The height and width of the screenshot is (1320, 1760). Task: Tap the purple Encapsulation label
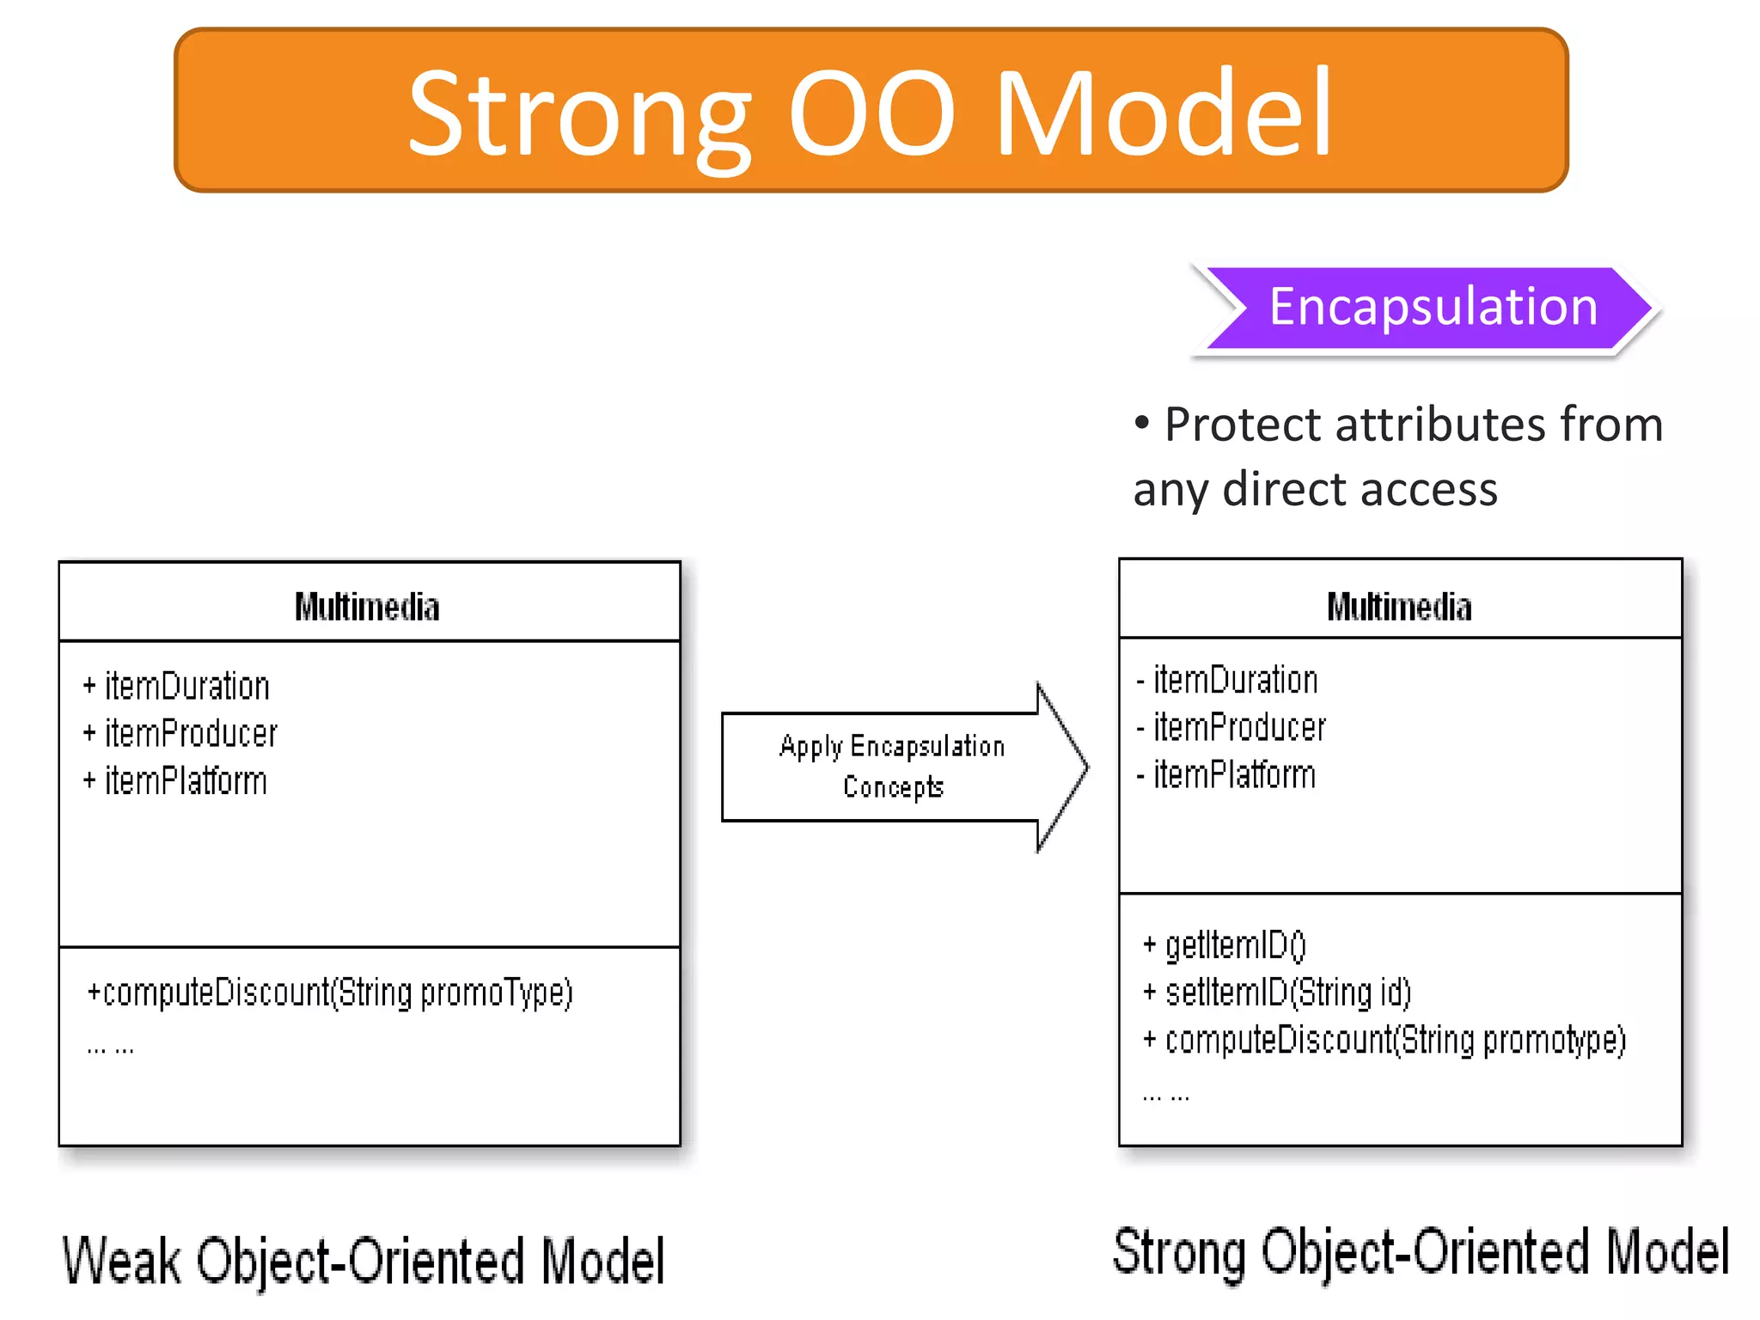click(1432, 308)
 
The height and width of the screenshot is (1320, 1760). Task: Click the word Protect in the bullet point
click(1247, 425)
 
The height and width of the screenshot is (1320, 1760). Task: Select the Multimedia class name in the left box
click(367, 607)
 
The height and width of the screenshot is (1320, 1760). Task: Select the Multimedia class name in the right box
click(1398, 607)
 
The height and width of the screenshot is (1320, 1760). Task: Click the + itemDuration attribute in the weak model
click(177, 687)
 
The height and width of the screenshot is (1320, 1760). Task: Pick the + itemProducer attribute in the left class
click(180, 734)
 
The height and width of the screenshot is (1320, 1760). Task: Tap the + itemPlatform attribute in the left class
click(175, 781)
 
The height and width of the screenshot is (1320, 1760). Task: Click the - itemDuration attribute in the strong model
click(1227, 681)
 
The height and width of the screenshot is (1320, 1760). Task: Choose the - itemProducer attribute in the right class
click(1231, 728)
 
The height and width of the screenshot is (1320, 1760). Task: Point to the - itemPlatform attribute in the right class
click(1226, 775)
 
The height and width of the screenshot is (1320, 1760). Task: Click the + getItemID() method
click(1224, 945)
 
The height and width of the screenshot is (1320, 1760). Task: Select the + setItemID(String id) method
click(1277, 993)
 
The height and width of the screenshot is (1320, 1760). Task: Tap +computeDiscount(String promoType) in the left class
click(330, 993)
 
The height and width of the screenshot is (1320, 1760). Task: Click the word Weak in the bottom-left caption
click(121, 1261)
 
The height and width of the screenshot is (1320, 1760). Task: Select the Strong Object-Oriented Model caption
click(1420, 1253)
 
